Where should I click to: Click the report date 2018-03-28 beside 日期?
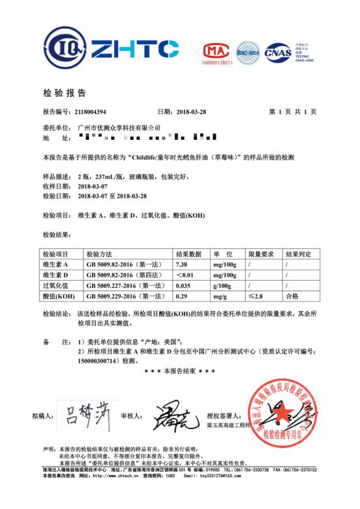(x=190, y=112)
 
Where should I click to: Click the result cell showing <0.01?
(x=185, y=275)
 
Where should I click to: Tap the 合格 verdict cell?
(x=292, y=296)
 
